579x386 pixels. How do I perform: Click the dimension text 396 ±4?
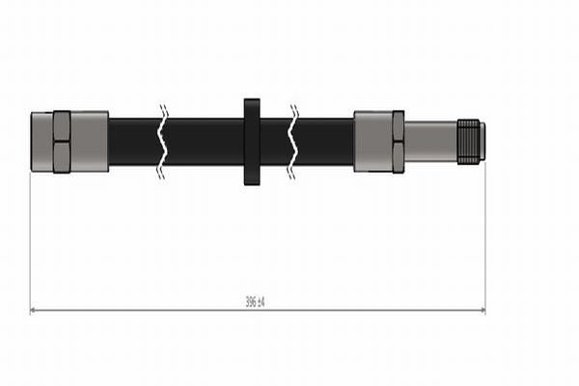tap(255, 302)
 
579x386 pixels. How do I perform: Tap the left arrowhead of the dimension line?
tap(33, 311)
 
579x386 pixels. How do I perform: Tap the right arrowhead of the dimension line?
tap(482, 311)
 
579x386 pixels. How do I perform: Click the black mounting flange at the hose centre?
tap(252, 142)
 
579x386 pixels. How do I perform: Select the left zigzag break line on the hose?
tap(162, 142)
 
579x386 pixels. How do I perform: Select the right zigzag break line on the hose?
tap(293, 142)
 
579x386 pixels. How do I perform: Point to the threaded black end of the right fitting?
tap(468, 142)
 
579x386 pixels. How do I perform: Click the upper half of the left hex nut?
tap(62, 126)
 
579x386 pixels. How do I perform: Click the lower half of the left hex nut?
tap(62, 157)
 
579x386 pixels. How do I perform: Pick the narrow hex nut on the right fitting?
tap(398, 142)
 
